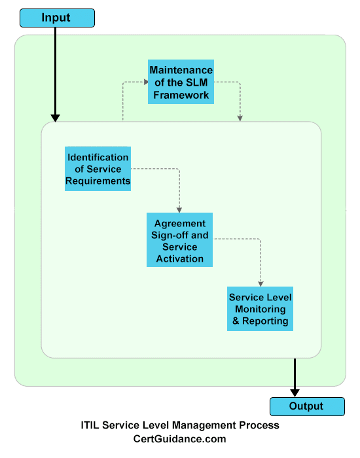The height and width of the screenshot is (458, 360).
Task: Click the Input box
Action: [58, 18]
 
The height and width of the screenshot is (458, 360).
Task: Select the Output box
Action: [307, 406]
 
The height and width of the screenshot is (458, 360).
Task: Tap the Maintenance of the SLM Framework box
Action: [181, 82]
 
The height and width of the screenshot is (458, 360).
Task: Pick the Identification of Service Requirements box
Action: [98, 169]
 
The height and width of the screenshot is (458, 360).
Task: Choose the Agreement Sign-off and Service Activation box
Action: [180, 240]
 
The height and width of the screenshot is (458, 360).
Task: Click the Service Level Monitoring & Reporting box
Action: [260, 309]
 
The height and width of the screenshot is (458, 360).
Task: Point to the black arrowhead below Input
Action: [55, 118]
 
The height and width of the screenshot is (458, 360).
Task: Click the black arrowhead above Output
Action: [295, 393]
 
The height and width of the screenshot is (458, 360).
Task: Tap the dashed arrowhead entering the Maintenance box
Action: [146, 82]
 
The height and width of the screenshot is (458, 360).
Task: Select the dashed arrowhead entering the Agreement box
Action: [179, 210]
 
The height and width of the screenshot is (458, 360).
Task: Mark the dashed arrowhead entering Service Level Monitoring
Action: [261, 284]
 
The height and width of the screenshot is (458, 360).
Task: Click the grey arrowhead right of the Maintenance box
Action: [240, 118]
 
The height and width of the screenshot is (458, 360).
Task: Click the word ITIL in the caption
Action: [90, 425]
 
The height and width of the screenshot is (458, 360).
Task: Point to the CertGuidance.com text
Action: [180, 439]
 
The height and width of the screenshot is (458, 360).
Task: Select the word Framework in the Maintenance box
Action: [181, 95]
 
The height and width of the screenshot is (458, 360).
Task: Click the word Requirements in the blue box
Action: [98, 181]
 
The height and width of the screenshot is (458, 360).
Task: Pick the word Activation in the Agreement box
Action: [180, 259]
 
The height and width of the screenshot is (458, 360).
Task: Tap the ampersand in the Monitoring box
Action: [236, 321]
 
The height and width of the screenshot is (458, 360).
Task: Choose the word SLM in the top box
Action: [196, 82]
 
